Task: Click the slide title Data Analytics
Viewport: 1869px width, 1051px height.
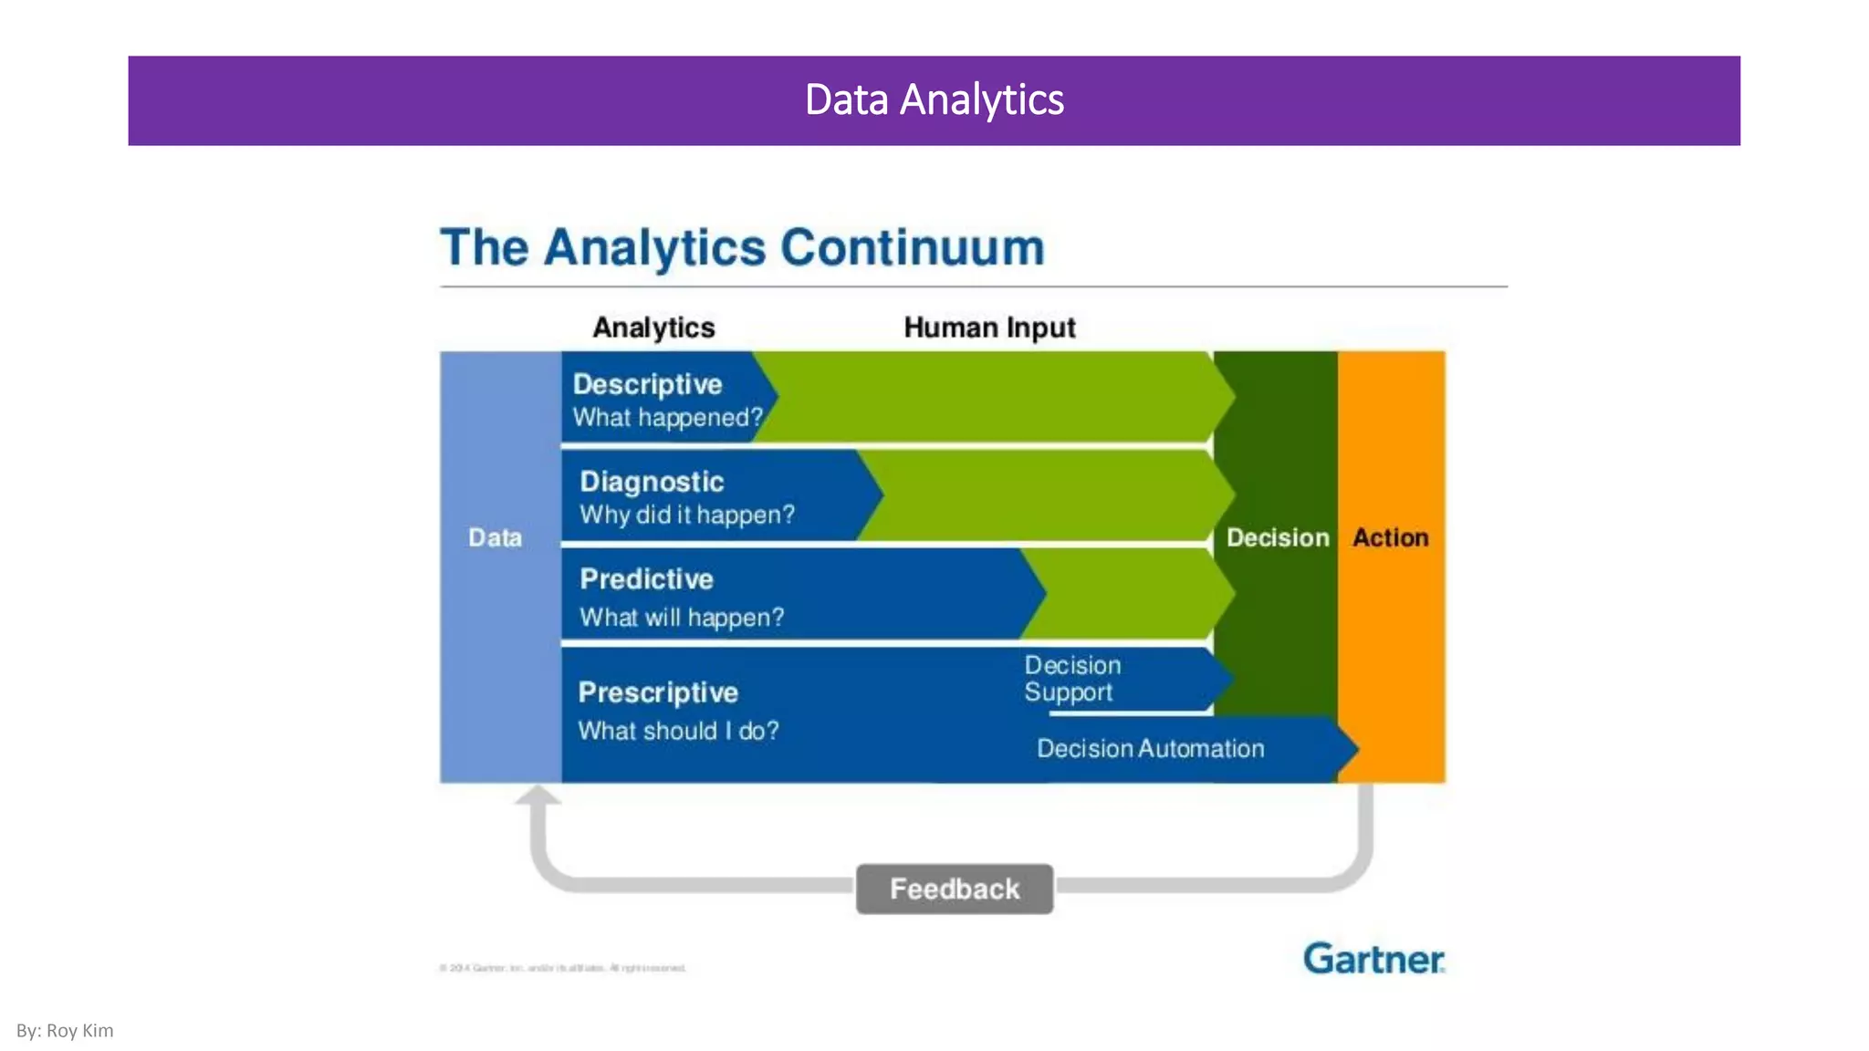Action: [x=934, y=100]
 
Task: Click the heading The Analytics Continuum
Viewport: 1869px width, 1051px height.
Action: [x=742, y=247]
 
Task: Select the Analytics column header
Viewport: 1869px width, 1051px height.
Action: [x=653, y=328]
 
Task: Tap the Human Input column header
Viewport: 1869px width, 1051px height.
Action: [x=989, y=328]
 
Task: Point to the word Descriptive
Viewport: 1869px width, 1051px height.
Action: [x=647, y=384]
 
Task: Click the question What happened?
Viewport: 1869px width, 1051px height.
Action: [x=667, y=418]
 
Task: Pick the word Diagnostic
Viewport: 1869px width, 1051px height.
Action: [x=652, y=482]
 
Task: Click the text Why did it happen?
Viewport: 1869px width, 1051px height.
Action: [x=687, y=515]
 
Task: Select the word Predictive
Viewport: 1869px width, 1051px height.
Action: [x=646, y=579]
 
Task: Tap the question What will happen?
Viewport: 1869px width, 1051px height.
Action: [x=682, y=618]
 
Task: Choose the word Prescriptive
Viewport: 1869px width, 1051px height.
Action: [x=658, y=692]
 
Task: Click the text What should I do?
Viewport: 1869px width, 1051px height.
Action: [x=678, y=731]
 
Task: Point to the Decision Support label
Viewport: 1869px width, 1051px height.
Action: [x=1071, y=679]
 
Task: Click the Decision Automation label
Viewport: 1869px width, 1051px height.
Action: [x=1150, y=749]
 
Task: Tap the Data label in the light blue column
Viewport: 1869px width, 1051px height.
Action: [x=495, y=537]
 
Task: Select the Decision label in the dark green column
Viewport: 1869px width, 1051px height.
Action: [x=1277, y=537]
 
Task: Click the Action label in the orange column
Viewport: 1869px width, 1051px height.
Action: [x=1390, y=537]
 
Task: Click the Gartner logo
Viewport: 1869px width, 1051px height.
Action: [x=1373, y=959]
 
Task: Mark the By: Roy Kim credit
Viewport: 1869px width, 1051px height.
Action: [x=65, y=1031]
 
